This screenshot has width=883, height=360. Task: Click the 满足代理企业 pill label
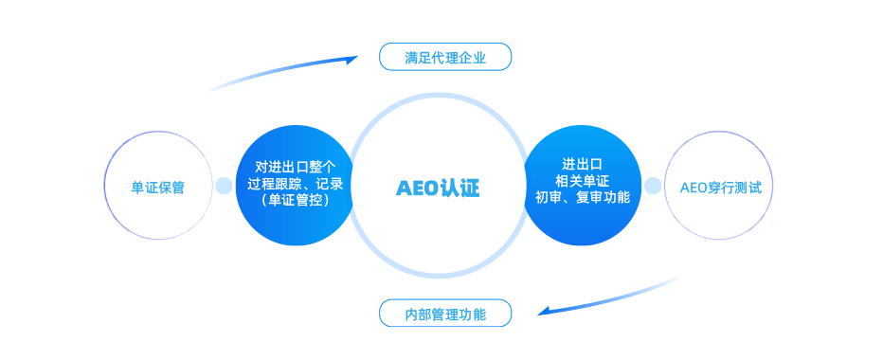[445, 58]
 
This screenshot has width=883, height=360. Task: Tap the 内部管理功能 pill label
[445, 314]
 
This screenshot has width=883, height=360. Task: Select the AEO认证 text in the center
[438, 188]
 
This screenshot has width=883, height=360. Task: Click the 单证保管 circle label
[157, 187]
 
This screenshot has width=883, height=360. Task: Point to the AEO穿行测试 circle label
[721, 187]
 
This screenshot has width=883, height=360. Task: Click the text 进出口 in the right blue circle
[583, 164]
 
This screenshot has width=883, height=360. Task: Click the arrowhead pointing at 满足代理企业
[351, 60]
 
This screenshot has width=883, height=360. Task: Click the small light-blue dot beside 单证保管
[224, 186]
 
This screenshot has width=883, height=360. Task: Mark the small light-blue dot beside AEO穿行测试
[653, 186]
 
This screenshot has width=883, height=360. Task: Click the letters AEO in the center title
[417, 188]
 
